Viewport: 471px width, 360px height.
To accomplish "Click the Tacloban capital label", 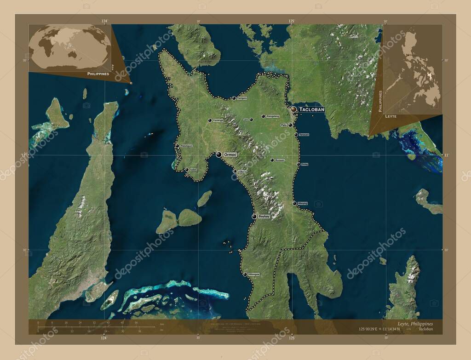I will [x=312, y=109].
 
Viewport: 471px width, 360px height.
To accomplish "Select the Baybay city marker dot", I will [x=254, y=216].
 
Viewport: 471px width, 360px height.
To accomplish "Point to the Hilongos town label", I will [x=253, y=274].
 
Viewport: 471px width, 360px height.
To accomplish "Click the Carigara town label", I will [x=242, y=98].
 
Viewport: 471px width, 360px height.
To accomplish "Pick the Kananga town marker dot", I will [x=210, y=120].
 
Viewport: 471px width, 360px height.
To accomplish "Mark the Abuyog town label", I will [x=302, y=203].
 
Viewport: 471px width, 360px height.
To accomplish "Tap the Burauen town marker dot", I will [x=272, y=160].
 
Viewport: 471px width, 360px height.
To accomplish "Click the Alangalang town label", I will [x=273, y=116].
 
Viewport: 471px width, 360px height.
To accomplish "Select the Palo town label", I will [x=283, y=125].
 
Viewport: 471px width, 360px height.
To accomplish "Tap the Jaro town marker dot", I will [x=251, y=120].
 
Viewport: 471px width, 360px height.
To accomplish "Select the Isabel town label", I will [x=193, y=170].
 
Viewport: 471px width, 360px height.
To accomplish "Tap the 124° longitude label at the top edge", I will [x=104, y=21].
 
